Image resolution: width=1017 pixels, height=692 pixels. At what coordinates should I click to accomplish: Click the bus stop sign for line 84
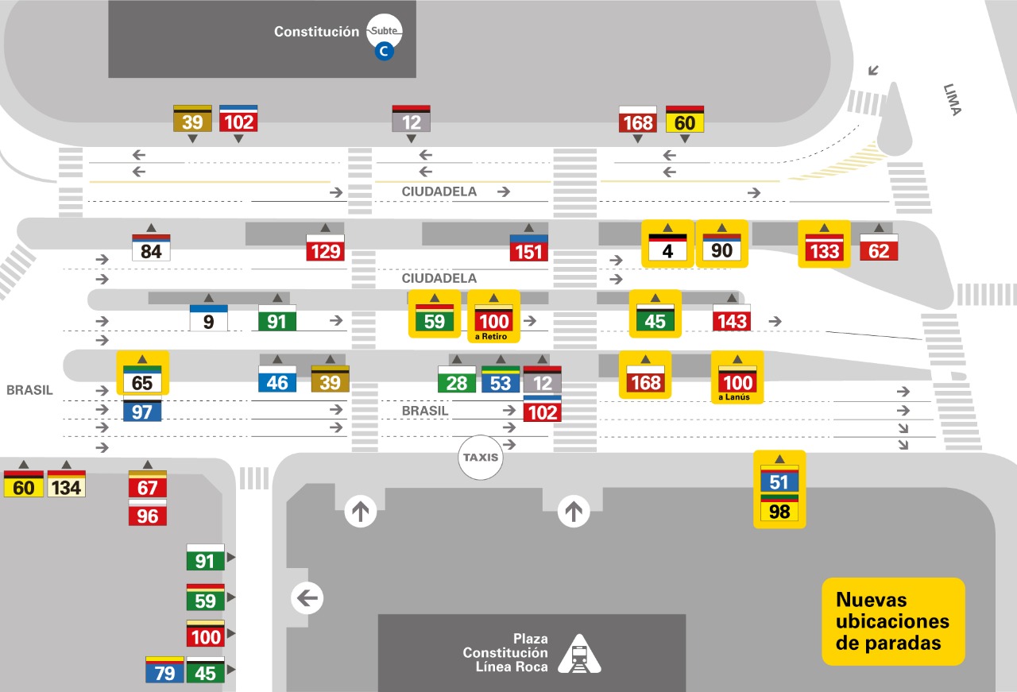coord(151,249)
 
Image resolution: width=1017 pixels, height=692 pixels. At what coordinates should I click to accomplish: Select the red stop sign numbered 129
coord(326,249)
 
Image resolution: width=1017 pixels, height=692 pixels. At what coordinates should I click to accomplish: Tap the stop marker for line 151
coord(529,249)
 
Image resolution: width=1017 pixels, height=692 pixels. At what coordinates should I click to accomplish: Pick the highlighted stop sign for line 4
coord(667,249)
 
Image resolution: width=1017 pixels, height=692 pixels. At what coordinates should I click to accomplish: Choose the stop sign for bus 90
coord(721,249)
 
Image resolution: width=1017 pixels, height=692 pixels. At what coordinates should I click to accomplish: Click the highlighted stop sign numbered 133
coord(824,249)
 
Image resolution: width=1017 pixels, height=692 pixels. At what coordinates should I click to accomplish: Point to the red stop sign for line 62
coord(879,249)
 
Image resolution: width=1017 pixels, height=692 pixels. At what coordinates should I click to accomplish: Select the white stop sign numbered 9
coord(209,319)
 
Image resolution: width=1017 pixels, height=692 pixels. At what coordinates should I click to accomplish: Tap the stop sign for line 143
coord(731,319)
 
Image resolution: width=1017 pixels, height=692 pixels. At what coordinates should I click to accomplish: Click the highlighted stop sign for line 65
coord(142,380)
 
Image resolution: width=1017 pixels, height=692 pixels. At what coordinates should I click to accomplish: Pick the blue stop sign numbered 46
coord(277,380)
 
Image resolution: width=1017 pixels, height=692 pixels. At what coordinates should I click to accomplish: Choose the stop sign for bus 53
coord(501,381)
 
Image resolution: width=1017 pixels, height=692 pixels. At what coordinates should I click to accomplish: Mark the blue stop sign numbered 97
coord(142,410)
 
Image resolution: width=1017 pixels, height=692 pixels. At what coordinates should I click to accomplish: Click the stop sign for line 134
coord(66,485)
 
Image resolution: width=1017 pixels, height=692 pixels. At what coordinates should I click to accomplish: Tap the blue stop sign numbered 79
coord(164,671)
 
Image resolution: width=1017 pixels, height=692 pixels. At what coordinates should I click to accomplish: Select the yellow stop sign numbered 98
coord(779,509)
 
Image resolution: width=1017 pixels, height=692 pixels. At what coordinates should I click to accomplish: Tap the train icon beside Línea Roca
coord(580,655)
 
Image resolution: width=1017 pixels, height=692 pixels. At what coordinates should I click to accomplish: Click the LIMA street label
coord(953,99)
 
